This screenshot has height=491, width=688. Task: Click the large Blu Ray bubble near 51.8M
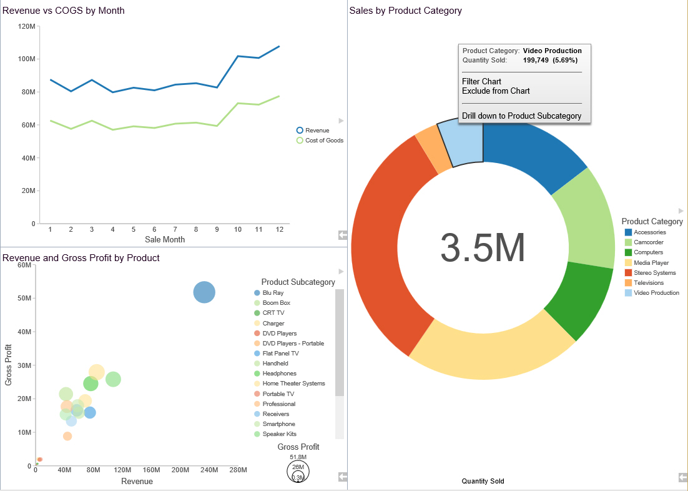(204, 292)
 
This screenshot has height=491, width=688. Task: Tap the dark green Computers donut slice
(581, 300)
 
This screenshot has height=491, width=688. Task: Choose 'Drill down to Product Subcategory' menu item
(521, 116)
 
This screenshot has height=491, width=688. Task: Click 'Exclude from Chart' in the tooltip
(496, 91)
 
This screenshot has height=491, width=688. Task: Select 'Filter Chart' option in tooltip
(481, 81)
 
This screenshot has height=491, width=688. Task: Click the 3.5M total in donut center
(483, 248)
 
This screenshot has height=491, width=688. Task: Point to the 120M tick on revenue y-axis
(27, 26)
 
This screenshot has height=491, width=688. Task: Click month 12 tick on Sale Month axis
(280, 229)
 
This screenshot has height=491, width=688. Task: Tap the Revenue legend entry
(317, 131)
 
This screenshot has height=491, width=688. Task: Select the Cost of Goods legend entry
(323, 141)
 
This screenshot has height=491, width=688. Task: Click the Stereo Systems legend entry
(654, 273)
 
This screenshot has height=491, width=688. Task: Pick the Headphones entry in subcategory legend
(279, 374)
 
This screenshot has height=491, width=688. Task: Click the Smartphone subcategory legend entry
(279, 424)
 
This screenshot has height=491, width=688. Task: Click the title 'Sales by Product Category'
(405, 11)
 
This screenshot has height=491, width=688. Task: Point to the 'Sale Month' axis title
(165, 239)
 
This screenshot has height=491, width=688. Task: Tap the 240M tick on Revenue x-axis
(209, 470)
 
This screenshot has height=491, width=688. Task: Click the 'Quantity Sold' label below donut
(483, 481)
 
